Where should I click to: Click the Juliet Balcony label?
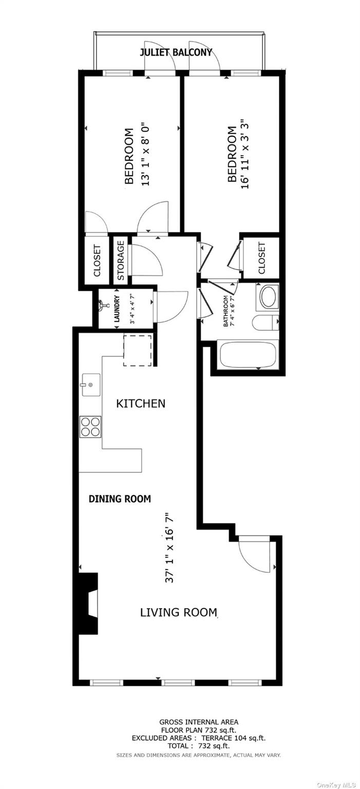176,52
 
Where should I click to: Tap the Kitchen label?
141,403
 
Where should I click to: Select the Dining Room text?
120,498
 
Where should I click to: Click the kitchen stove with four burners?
90,426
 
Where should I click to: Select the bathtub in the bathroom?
248,354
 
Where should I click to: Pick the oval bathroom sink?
268,297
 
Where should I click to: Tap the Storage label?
121,260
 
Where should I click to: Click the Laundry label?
117,308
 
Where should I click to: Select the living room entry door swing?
255,555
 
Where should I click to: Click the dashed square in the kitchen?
137,350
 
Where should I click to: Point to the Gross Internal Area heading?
198,722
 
